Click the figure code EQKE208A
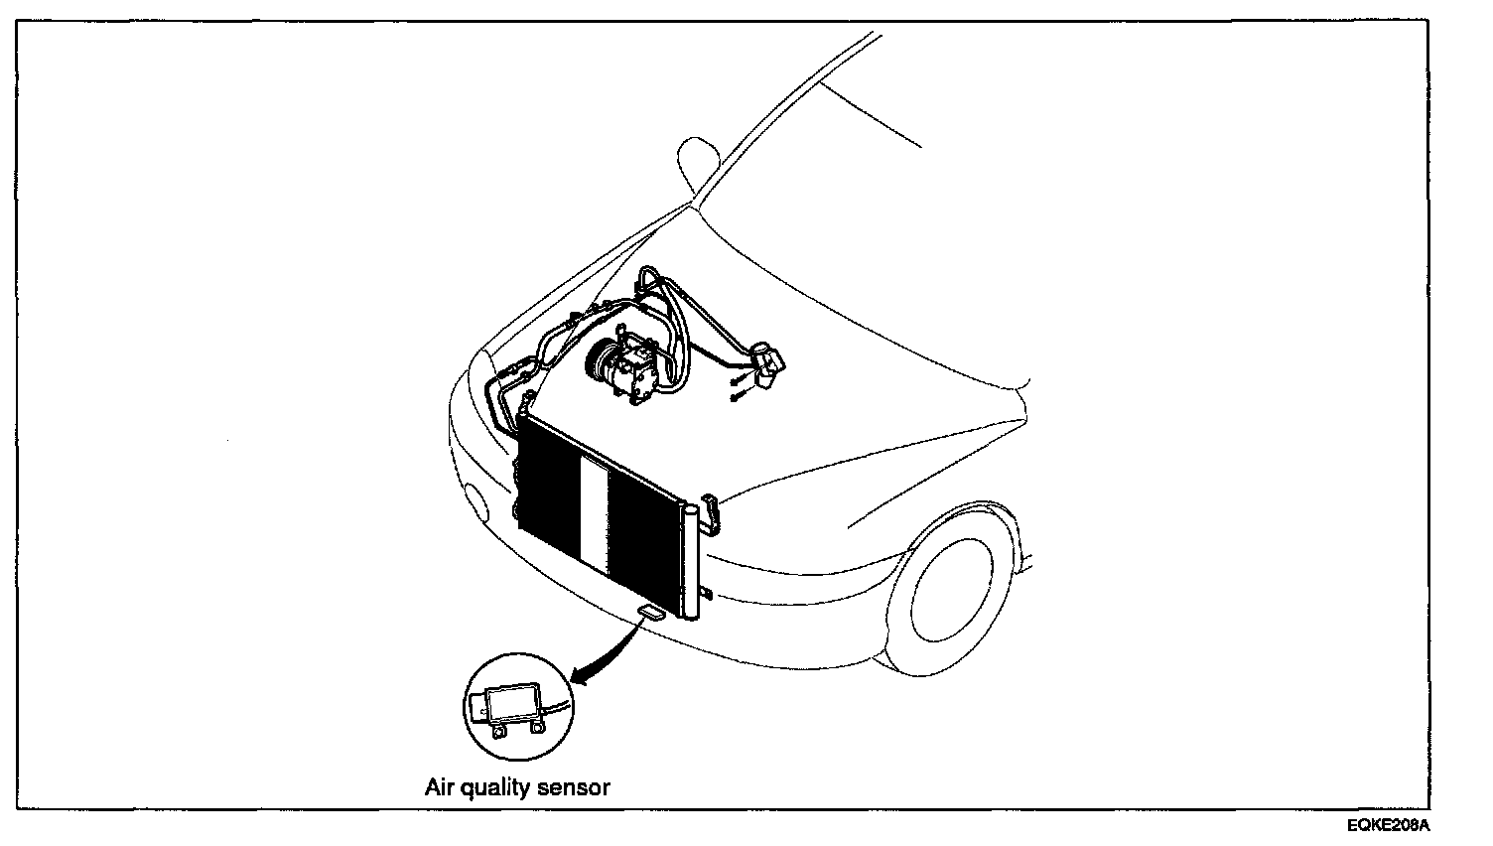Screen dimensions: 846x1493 (1389, 826)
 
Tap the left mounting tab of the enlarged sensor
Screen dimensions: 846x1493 (497, 732)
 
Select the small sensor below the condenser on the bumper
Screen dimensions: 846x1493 (650, 612)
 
